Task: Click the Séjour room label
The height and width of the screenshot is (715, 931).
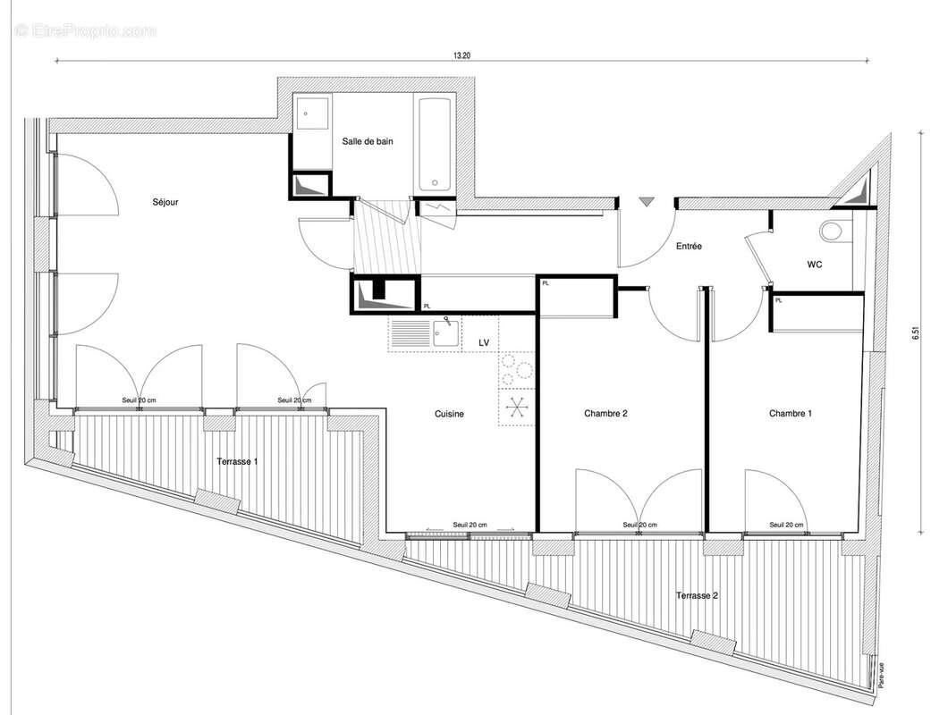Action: tap(165, 203)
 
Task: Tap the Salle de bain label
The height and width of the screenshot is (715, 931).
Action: tap(368, 141)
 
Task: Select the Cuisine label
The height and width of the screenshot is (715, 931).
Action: tap(449, 414)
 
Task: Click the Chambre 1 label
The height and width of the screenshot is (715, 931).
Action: tap(791, 414)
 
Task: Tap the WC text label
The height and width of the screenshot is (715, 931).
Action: tap(815, 265)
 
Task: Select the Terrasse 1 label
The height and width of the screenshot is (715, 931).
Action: tap(237, 461)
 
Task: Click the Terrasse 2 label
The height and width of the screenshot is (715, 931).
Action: tap(697, 595)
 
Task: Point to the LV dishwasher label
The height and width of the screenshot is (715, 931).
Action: tap(484, 342)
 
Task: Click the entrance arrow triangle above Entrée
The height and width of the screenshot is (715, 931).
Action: tap(646, 203)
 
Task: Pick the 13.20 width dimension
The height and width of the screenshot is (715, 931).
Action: tap(461, 55)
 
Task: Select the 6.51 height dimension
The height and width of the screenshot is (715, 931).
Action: tap(914, 333)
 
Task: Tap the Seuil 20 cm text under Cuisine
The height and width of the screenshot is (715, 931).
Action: tap(470, 525)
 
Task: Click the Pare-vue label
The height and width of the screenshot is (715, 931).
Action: tap(881, 669)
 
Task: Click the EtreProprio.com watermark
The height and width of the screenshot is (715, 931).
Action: tap(85, 30)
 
